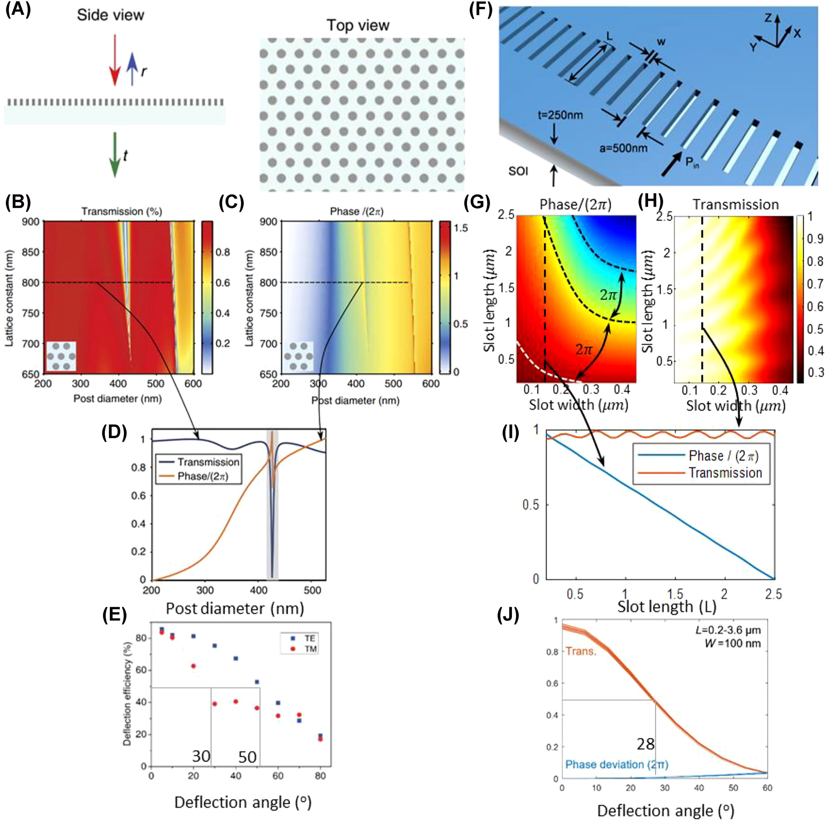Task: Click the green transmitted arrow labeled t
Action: pos(115,154)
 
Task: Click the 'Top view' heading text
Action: pos(358,25)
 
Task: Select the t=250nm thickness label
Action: pos(560,115)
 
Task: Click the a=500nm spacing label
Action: pos(623,148)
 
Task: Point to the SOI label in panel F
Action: pos(518,171)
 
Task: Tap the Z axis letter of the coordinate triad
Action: pos(768,18)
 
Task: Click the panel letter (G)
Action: pos(477,202)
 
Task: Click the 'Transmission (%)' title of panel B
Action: pos(122,211)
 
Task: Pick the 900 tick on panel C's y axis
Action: pos(268,222)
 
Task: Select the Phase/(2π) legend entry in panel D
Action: pos(202,476)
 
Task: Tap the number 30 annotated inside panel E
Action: pos(201,756)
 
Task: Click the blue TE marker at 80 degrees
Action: pos(320,735)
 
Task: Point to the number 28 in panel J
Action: pos(645,744)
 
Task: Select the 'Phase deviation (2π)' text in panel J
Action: pos(617,764)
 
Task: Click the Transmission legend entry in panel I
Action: pos(725,473)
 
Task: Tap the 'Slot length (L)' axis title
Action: pos(666,606)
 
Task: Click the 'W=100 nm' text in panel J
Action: pos(733,643)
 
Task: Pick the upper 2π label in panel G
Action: pos(609,295)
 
